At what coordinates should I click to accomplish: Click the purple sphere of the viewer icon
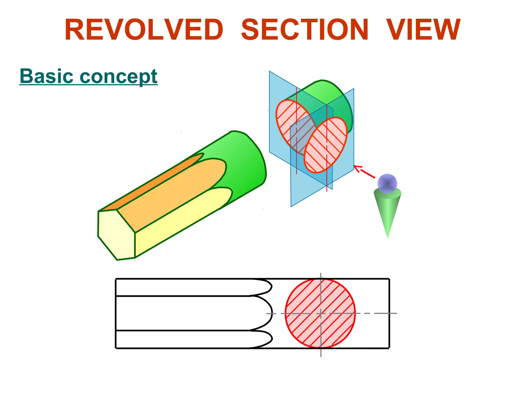tap(387, 183)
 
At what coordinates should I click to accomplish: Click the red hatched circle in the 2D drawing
tap(320, 313)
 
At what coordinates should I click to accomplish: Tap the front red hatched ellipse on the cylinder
tap(326, 145)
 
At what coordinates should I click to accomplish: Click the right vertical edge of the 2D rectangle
tap(389, 313)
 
